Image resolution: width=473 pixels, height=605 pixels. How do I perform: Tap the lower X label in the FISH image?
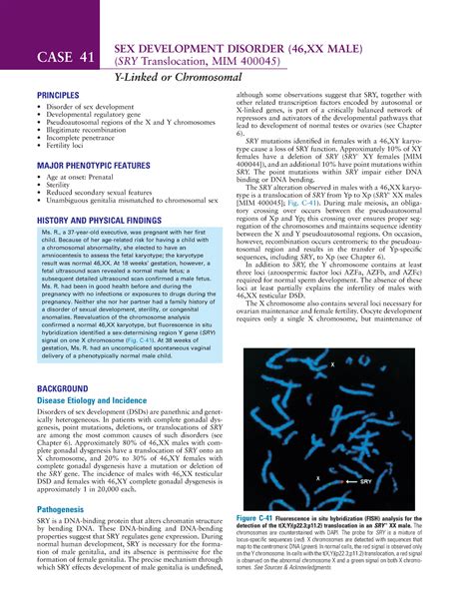tap(317, 478)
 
